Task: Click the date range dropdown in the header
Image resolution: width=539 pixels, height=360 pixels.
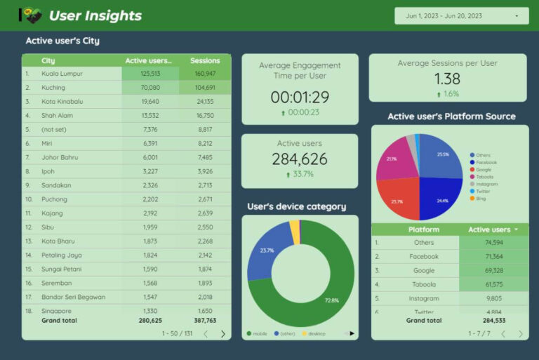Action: pos(461,15)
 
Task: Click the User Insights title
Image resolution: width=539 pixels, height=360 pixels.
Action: pos(95,15)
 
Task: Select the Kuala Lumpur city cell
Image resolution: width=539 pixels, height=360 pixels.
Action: pos(62,73)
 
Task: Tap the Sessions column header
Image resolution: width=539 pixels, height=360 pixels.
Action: pos(205,60)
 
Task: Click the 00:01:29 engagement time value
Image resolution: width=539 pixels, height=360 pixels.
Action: pos(300,97)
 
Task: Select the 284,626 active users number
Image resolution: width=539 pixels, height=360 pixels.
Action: pos(300,159)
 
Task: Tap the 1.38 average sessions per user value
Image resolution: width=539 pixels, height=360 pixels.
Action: pos(447,79)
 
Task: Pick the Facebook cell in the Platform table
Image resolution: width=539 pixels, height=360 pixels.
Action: pos(423,256)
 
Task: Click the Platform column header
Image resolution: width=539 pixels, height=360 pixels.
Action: pos(423,229)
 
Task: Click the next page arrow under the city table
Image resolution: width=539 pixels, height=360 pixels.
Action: pos(223,334)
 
